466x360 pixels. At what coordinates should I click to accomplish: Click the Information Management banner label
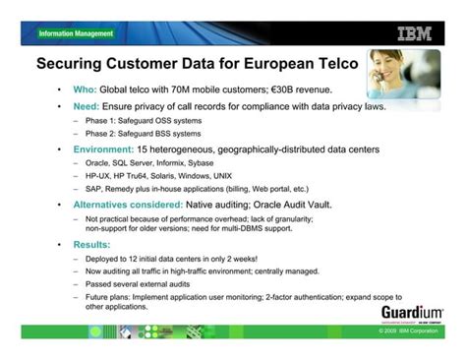76,33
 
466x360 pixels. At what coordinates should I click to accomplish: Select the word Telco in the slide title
331,66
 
